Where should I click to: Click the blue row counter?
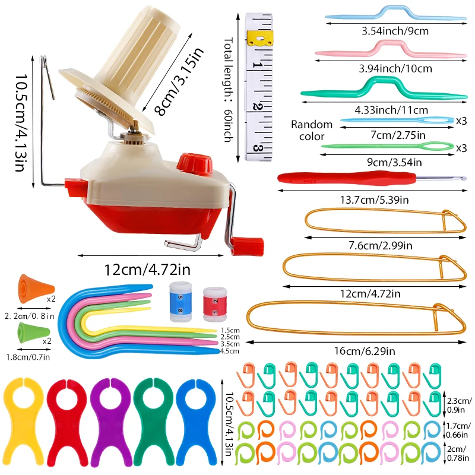[178, 302]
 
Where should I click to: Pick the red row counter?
[211, 302]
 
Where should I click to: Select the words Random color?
[311, 130]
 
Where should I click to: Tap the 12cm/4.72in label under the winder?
[146, 270]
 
